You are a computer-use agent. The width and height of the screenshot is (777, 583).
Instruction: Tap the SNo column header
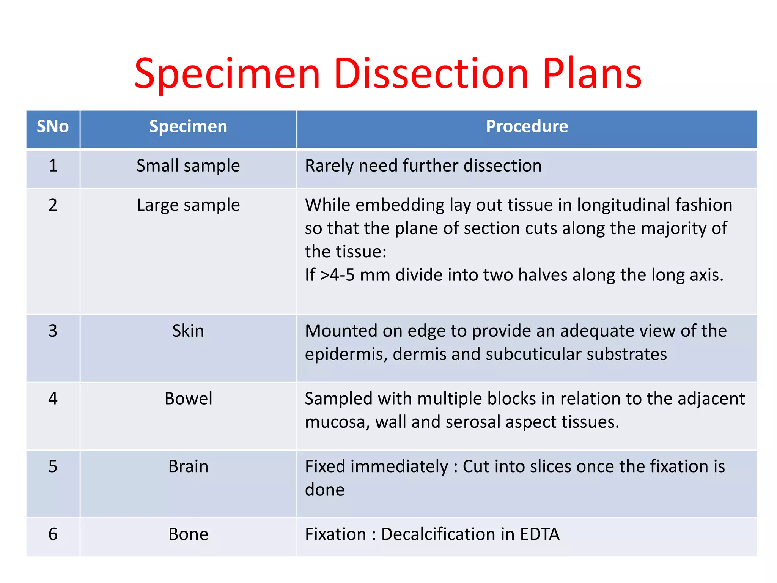coord(53,126)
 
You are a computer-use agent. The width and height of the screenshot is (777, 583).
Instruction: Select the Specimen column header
coord(188,126)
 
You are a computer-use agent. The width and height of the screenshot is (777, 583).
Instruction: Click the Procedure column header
coord(527,126)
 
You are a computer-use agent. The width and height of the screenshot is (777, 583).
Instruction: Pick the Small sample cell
coord(188,166)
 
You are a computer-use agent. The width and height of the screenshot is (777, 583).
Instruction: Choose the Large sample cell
coord(188,205)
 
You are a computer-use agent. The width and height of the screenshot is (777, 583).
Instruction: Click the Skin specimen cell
coord(188,331)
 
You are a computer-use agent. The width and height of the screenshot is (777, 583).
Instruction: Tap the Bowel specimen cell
coord(188,399)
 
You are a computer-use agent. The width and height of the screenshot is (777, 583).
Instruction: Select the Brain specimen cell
coord(188,466)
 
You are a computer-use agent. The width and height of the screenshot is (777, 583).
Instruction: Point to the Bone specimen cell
coord(188,534)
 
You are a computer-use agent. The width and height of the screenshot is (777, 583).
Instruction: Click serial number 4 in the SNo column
coord(53,399)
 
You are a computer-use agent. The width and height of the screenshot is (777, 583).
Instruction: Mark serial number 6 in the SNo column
coord(53,534)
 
